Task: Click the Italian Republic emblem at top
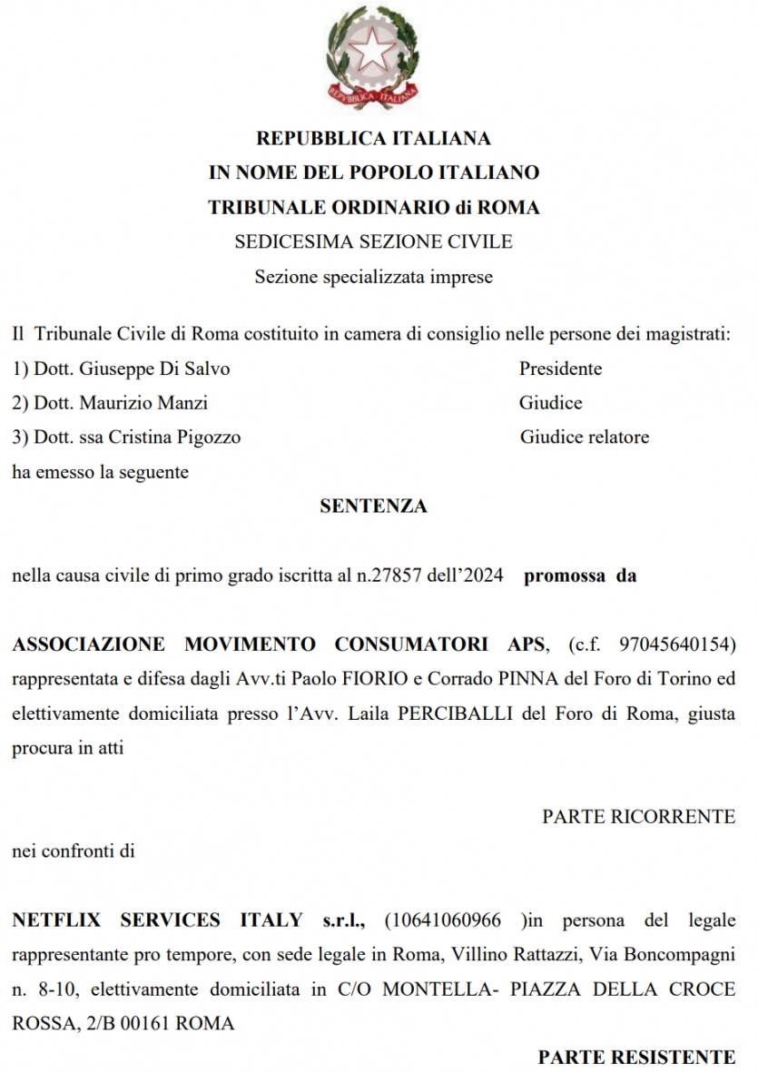tap(372, 55)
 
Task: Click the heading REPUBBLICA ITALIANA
tap(373, 139)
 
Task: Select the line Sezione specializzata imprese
tap(373, 277)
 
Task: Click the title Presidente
tap(560, 369)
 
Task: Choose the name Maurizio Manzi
tap(144, 403)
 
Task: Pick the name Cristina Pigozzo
tap(174, 438)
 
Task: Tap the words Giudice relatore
tap(584, 438)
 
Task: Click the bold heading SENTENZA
tap(373, 506)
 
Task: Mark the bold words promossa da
tap(580, 575)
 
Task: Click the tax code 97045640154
tap(673, 644)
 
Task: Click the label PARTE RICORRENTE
tap(638, 817)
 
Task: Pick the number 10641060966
tap(443, 920)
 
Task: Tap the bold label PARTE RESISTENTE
tap(636, 1057)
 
